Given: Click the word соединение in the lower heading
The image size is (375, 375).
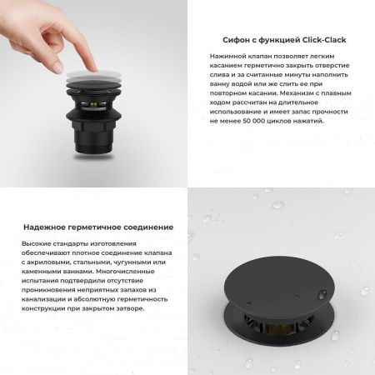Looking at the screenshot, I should click(150, 227).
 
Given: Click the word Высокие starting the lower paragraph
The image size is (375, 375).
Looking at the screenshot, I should click(38, 242).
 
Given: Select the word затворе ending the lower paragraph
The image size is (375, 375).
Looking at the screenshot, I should click(128, 307).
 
